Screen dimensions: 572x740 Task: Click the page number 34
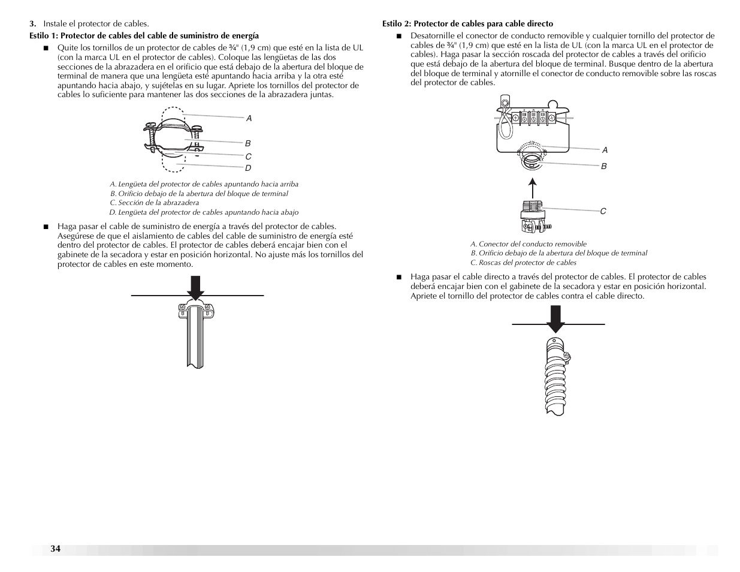[56, 549]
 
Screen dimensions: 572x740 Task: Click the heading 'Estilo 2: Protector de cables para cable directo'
[467, 24]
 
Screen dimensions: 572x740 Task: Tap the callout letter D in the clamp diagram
[248, 168]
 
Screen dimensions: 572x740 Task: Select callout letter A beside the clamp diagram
[249, 119]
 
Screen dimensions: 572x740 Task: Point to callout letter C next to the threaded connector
[603, 211]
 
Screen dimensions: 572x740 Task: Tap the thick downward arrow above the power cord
[196, 287]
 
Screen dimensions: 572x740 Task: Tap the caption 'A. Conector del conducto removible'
[528, 244]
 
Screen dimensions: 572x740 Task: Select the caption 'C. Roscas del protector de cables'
[523, 263]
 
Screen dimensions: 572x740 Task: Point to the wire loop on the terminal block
[505, 122]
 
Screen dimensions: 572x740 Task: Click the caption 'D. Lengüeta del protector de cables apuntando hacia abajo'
[204, 212]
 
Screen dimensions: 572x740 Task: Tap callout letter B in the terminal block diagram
[604, 166]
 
